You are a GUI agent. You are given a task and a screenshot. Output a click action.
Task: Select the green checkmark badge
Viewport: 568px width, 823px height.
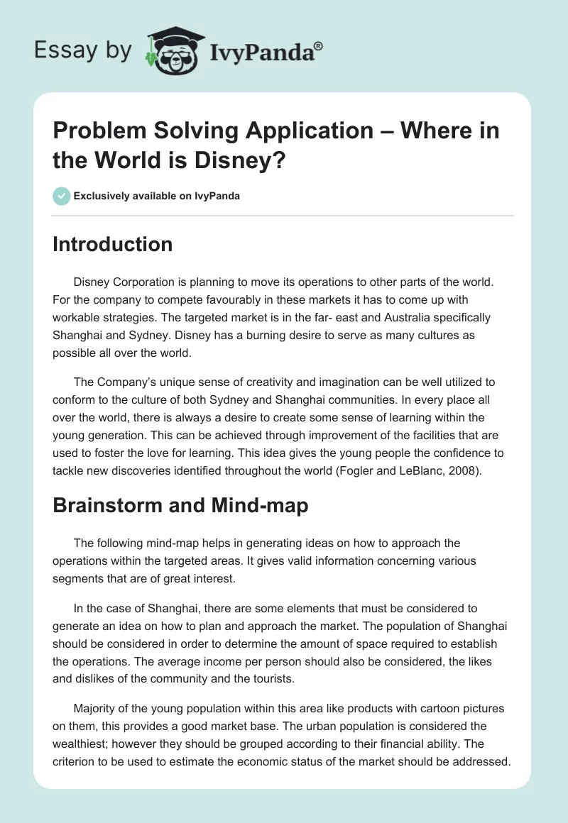click(x=61, y=196)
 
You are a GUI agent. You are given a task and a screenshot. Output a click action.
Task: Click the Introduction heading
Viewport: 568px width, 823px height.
click(x=113, y=244)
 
